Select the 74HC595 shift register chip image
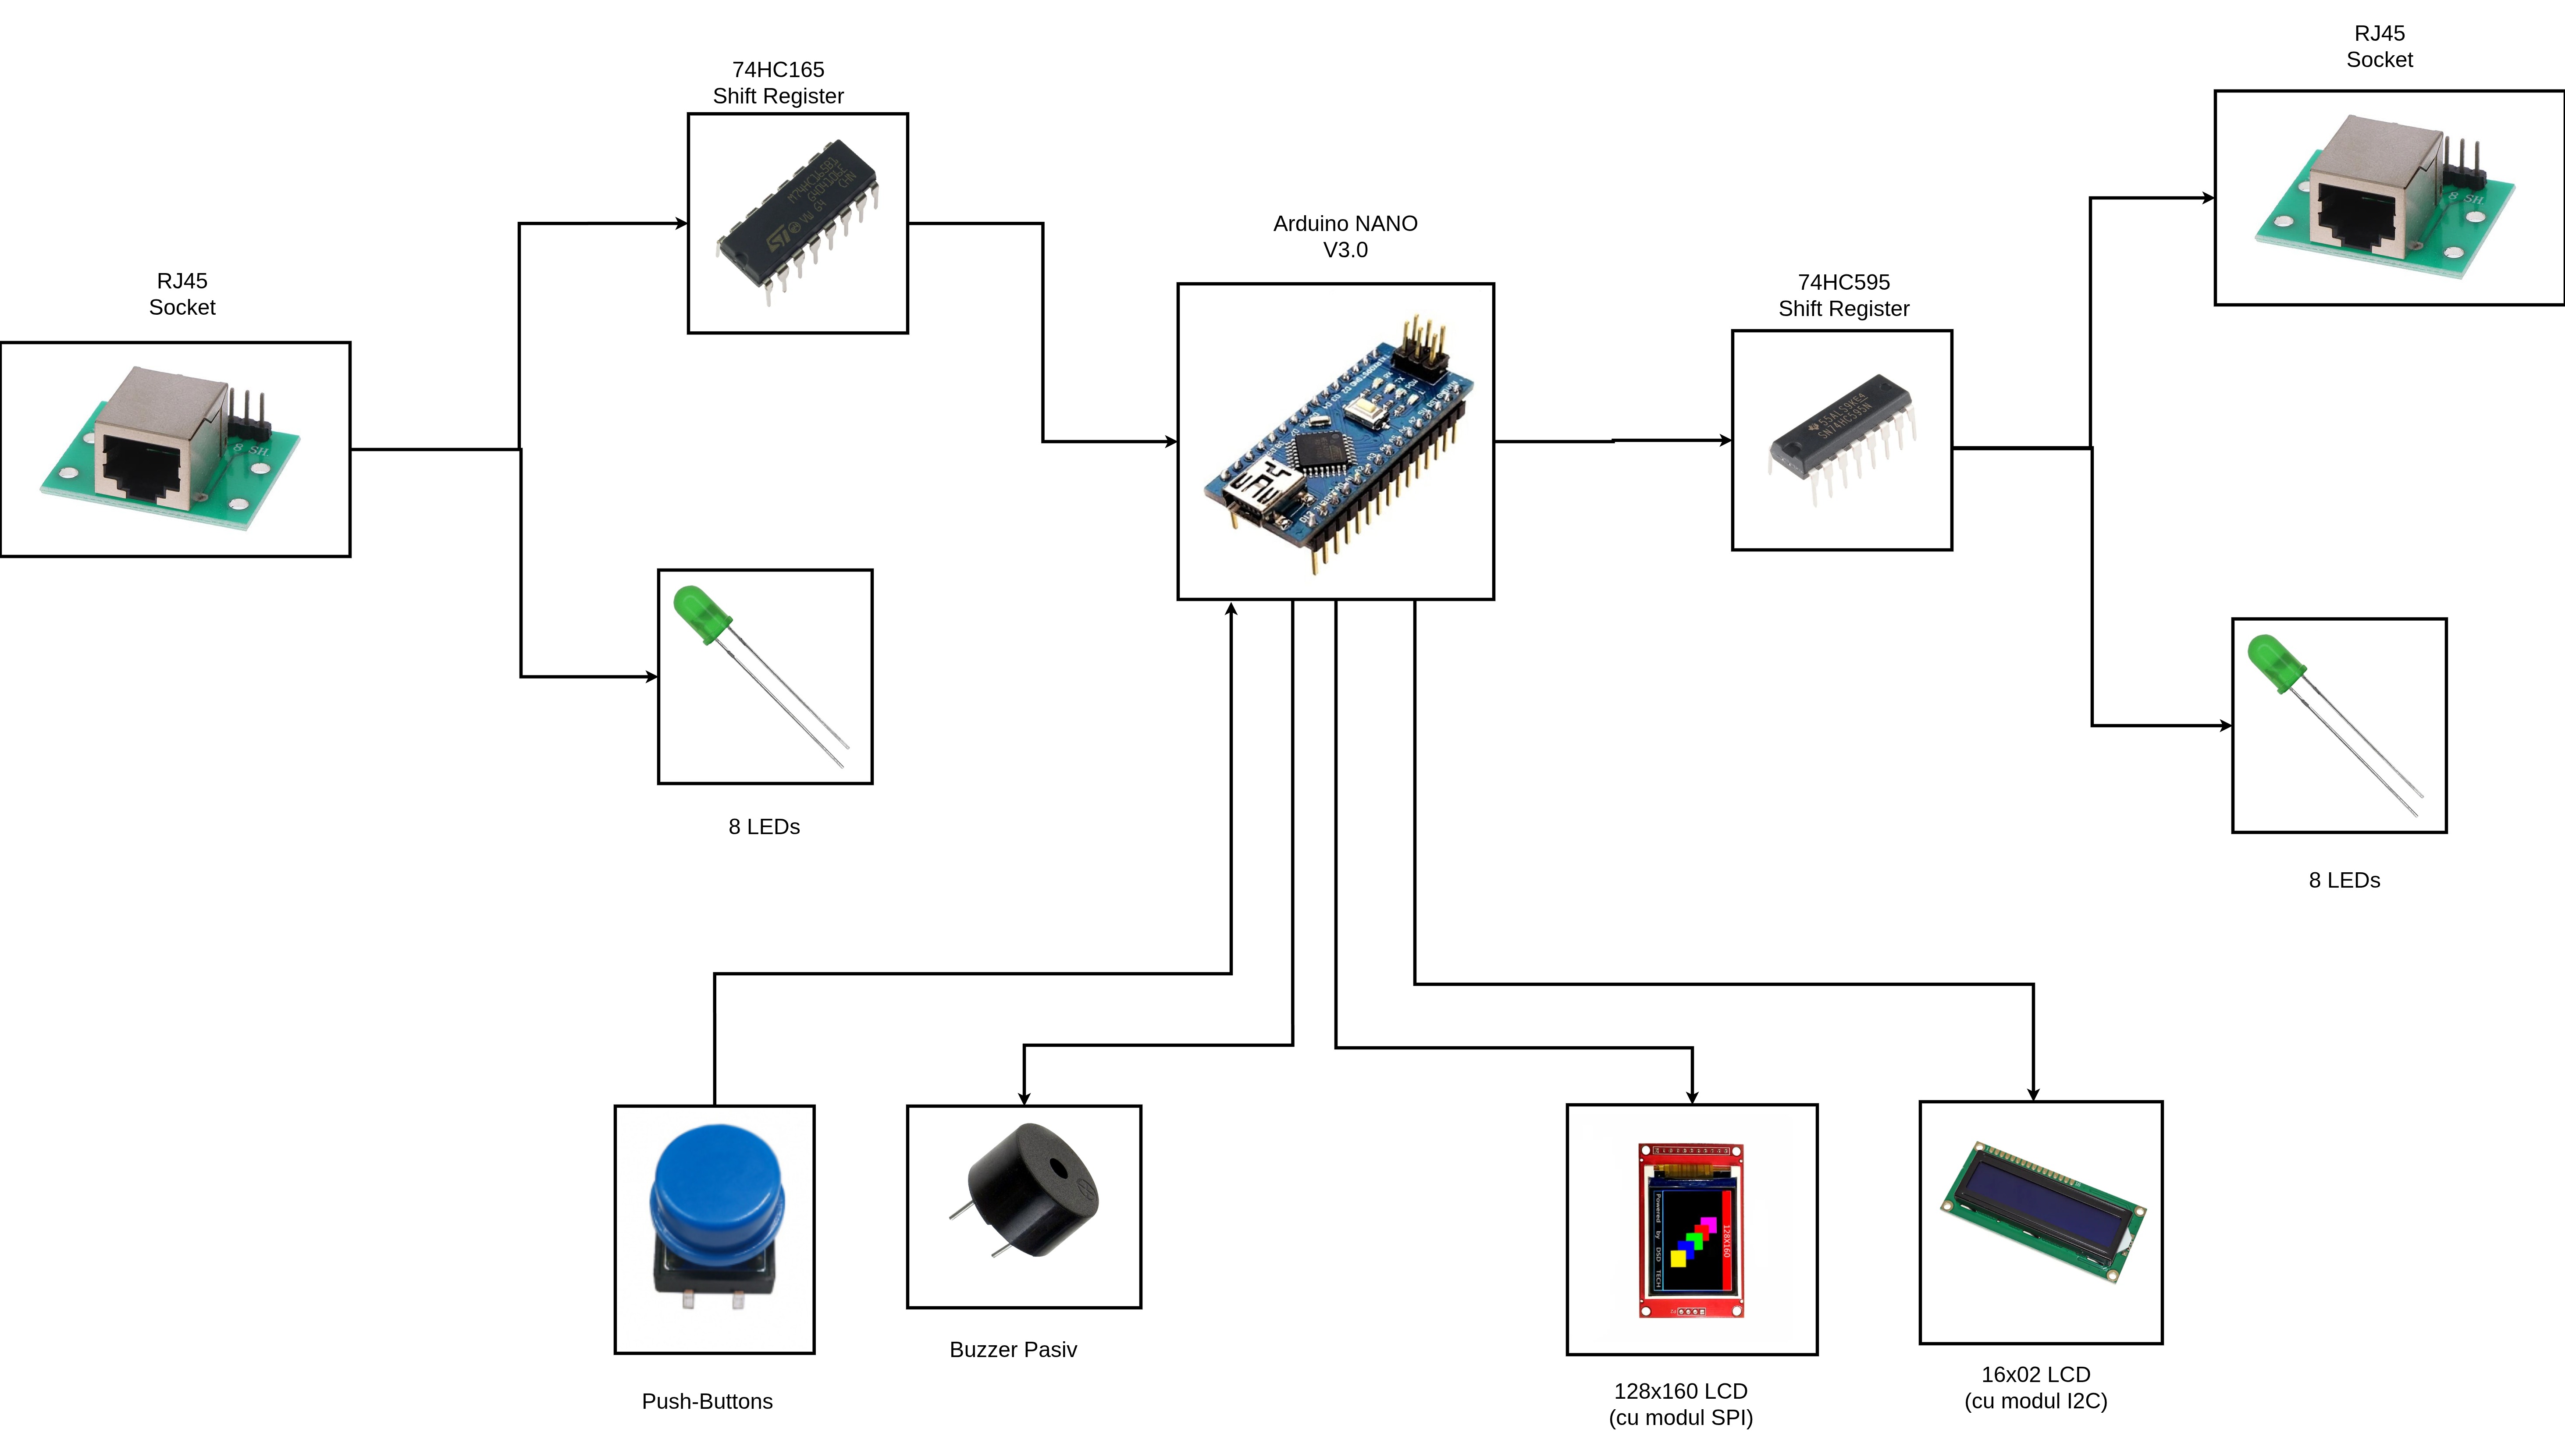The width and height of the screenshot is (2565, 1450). pyautogui.click(x=1842, y=438)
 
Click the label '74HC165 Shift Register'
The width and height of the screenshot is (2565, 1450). pyautogui.click(x=778, y=83)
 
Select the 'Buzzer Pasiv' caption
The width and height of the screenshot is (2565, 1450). pyautogui.click(x=1013, y=1350)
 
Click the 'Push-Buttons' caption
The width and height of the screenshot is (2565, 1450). pyautogui.click(x=707, y=1401)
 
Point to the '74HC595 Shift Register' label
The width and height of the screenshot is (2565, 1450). pyautogui.click(x=1843, y=296)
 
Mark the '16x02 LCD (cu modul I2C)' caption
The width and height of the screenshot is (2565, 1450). pyautogui.click(x=2035, y=1387)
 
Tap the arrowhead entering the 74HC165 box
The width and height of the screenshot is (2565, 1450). pyautogui.click(x=682, y=223)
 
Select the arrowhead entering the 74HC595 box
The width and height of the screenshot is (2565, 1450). pyautogui.click(x=1725, y=440)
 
